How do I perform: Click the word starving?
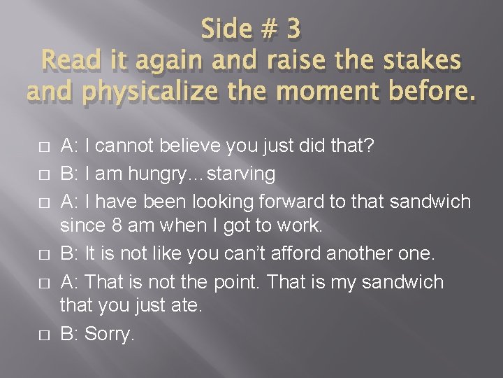(x=242, y=173)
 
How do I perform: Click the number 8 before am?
(x=118, y=226)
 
